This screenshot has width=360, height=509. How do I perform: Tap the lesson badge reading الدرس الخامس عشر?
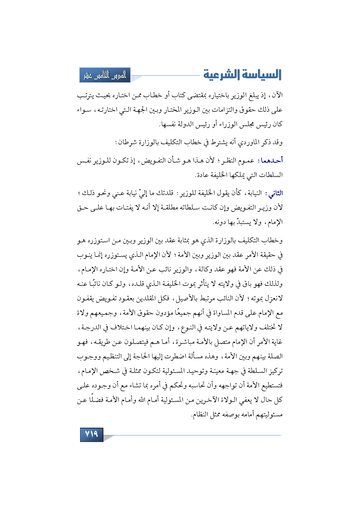click(105, 75)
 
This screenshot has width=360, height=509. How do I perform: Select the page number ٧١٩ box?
click(91, 434)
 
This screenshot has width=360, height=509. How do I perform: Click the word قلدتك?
click(165, 193)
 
